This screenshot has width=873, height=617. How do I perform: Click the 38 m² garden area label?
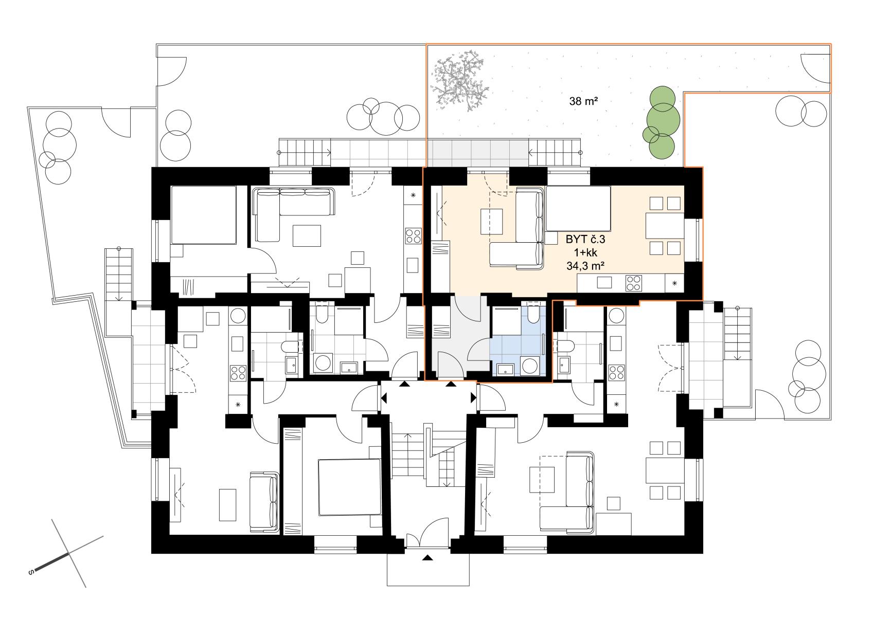pyautogui.click(x=583, y=101)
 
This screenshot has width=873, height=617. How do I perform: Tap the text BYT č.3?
pyautogui.click(x=585, y=239)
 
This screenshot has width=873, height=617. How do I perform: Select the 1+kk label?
pyautogui.click(x=585, y=252)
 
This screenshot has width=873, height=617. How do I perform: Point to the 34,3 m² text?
pyautogui.click(x=585, y=266)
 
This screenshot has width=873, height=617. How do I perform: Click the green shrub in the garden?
pyautogui.click(x=661, y=122)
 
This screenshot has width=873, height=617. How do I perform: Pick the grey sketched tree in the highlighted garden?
pyautogui.click(x=460, y=81)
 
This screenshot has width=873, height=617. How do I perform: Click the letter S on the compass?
pyautogui.click(x=31, y=572)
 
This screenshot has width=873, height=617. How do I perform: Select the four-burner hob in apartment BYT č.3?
pyautogui.click(x=633, y=283)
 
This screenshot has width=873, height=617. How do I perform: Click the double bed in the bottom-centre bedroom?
pyautogui.click(x=349, y=487)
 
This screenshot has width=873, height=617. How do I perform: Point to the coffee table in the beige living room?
pyautogui.click(x=491, y=222)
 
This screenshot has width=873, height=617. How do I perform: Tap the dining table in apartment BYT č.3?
pyautogui.click(x=665, y=226)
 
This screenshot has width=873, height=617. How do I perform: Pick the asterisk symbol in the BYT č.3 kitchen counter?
pyautogui.click(x=674, y=283)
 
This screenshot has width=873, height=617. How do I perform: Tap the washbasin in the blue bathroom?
pyautogui.click(x=506, y=369)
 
